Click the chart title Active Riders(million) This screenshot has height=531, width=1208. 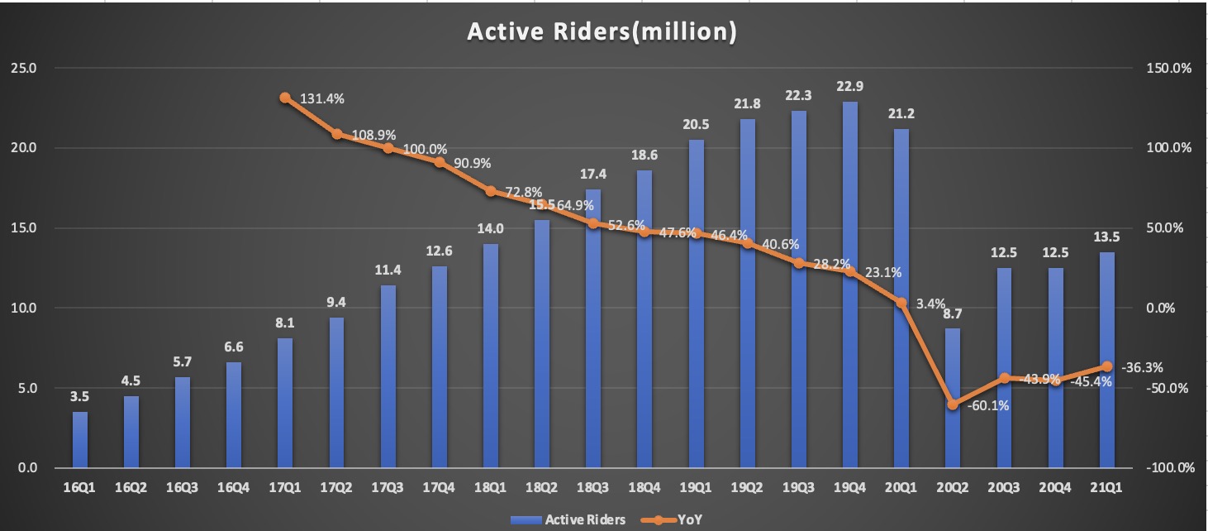pyautogui.click(x=602, y=31)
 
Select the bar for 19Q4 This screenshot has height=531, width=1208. pyautogui.click(x=850, y=285)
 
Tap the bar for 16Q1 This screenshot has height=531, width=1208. pyautogui.click(x=80, y=440)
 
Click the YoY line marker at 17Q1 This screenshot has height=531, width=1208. pyautogui.click(x=285, y=98)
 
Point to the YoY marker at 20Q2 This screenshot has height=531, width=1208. pyautogui.click(x=953, y=404)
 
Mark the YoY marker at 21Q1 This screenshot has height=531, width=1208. pyautogui.click(x=1107, y=366)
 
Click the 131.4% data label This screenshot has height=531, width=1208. pyautogui.click(x=322, y=98)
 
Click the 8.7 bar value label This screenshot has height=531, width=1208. pyautogui.click(x=953, y=314)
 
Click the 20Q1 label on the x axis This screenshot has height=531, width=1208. pyautogui.click(x=901, y=489)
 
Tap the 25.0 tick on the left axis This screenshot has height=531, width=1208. pyautogui.click(x=24, y=69)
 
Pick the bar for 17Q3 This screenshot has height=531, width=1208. pyautogui.click(x=388, y=376)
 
